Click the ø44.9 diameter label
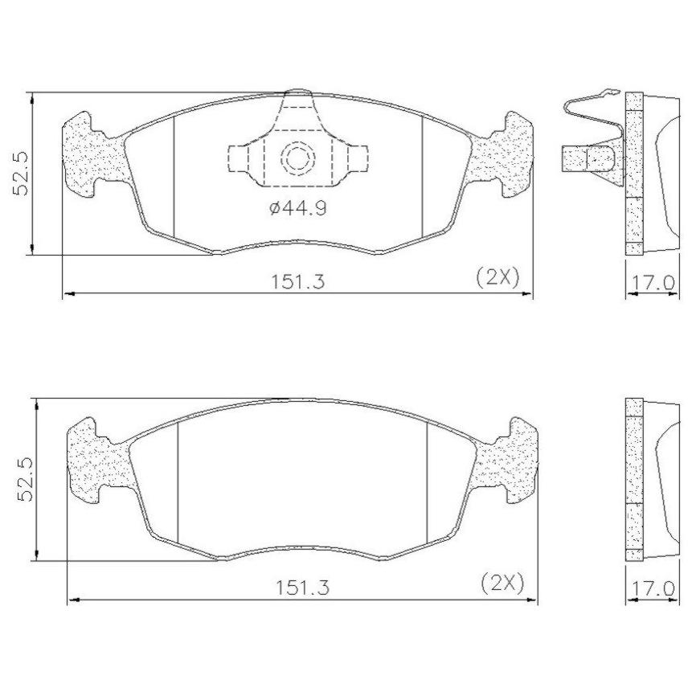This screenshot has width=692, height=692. coord(298,207)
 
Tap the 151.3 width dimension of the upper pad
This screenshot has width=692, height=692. coord(297,280)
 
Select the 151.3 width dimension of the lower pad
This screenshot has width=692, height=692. coord(303,588)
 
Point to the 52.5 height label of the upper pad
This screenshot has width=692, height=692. coord(21,174)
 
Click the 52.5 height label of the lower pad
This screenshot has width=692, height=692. coord(25,480)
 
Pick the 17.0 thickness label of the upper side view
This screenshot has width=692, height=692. coord(653,282)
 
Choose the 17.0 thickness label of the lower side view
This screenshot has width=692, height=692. coord(653,589)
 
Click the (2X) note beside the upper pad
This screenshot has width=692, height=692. coord(498,278)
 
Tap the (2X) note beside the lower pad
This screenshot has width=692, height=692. coord(502,583)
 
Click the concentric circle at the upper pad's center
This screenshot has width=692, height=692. coord(298,157)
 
